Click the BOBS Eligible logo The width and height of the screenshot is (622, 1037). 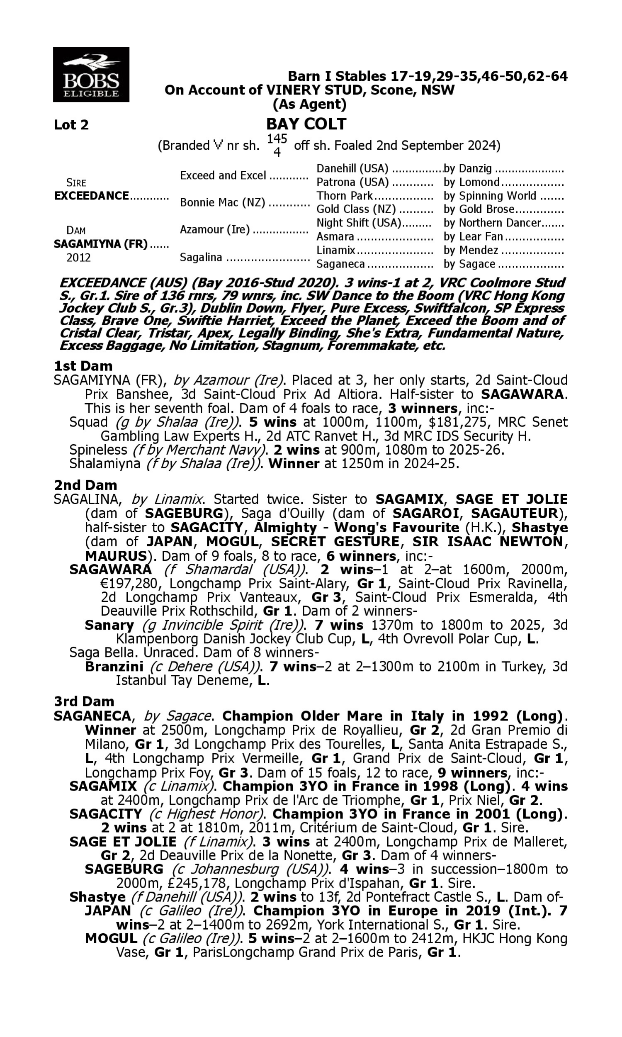(x=91, y=75)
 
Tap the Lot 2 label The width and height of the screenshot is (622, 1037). (x=71, y=125)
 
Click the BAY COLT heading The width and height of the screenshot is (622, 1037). (x=306, y=124)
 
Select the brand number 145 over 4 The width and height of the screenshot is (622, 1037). (x=277, y=145)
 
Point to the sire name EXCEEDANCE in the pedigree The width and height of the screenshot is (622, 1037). (x=91, y=196)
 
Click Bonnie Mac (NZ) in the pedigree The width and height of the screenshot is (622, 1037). (x=222, y=202)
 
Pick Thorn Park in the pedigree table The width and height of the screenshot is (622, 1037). (x=344, y=196)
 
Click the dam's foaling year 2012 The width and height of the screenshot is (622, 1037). (x=78, y=257)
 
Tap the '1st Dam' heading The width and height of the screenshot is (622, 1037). (x=83, y=366)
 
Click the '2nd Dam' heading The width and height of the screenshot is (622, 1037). (x=85, y=485)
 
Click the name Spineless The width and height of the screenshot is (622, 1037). (x=98, y=450)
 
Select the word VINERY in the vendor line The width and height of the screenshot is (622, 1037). (x=287, y=90)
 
